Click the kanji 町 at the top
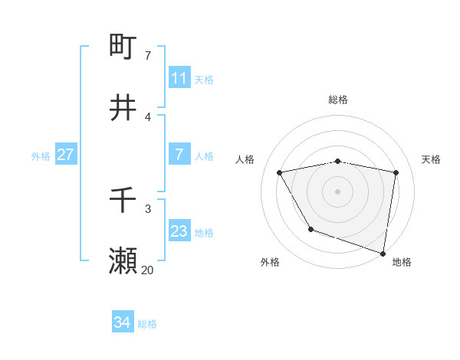click(x=123, y=46)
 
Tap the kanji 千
click(x=123, y=200)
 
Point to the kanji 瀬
click(x=123, y=261)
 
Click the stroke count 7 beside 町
click(x=148, y=55)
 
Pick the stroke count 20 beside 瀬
click(x=147, y=270)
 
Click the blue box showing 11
click(x=179, y=78)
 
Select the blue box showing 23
click(x=179, y=231)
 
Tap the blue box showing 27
click(x=65, y=155)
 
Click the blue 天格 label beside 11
click(x=204, y=79)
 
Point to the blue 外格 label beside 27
click(x=41, y=155)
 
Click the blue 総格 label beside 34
click(x=147, y=323)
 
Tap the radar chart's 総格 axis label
click(x=338, y=100)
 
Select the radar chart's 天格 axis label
click(x=432, y=159)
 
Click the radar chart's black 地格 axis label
click(x=402, y=262)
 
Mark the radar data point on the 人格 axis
click(x=280, y=172)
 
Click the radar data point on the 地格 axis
click(x=383, y=252)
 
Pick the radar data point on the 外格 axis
click(x=310, y=229)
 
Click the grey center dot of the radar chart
click(x=338, y=191)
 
